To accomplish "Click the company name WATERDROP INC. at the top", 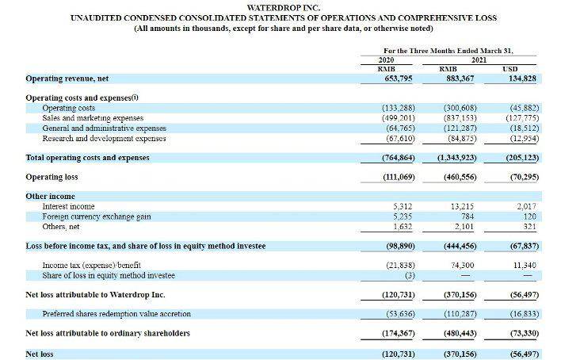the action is coord(284,7).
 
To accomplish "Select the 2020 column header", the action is coord(386,59).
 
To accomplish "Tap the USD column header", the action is coord(509,69).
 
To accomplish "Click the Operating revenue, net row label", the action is coord(67,79).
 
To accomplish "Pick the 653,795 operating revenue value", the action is coord(399,79).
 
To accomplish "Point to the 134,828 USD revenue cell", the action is coord(522,79).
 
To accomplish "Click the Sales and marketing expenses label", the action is coord(93,118).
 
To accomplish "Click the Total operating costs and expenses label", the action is coord(87,158).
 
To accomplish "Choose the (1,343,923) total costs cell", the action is coord(457,158).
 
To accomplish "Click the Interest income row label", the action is coord(68,206).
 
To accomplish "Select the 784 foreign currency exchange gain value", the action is coord(467,216).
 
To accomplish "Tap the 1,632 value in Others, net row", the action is coord(403,227).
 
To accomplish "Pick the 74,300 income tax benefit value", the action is coord(463,265).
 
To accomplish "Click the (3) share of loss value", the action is coord(410,275).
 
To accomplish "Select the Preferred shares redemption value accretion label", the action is coord(116,314).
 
